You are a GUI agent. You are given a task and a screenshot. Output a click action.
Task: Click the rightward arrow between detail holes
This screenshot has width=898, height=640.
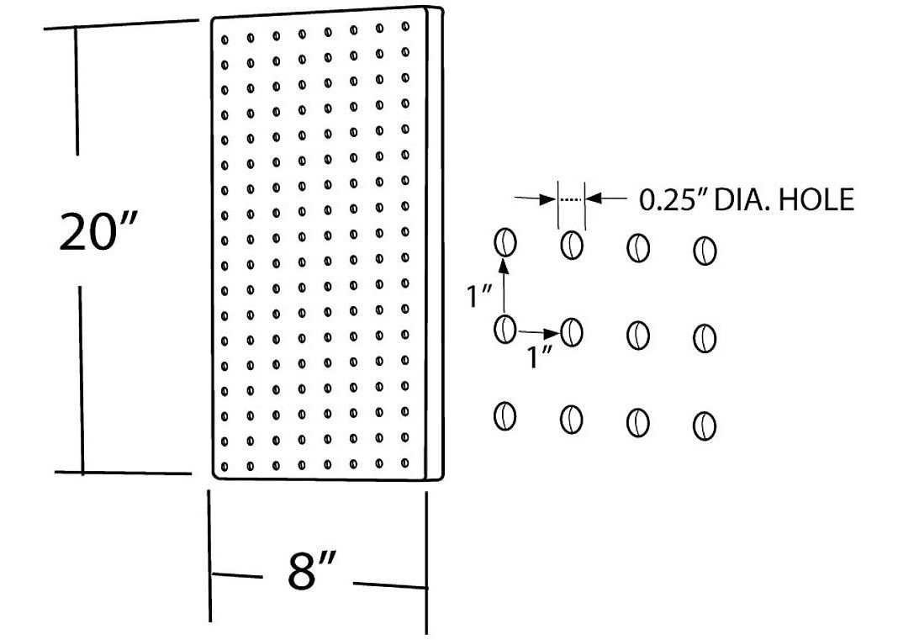click(537, 331)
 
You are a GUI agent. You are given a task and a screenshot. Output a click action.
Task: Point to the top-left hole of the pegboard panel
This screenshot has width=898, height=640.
click(225, 39)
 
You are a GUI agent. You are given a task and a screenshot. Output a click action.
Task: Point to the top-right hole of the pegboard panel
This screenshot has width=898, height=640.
click(405, 28)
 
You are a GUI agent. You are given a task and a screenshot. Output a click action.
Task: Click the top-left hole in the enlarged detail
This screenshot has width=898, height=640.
click(504, 242)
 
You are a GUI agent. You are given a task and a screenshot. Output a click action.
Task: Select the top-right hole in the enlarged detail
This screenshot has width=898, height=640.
click(704, 250)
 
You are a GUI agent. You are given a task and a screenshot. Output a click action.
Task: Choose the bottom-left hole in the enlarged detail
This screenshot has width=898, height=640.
click(504, 415)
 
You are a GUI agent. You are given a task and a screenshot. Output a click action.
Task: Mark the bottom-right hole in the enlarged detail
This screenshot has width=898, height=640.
click(704, 426)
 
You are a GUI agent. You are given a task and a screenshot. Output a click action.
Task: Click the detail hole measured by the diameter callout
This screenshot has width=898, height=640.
click(572, 245)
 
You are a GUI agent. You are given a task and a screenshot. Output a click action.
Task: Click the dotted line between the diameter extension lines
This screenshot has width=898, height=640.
click(572, 199)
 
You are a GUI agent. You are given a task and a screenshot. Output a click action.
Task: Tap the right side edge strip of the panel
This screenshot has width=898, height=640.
click(435, 244)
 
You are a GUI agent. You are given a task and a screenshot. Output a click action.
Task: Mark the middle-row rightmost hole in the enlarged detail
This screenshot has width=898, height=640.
click(704, 338)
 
